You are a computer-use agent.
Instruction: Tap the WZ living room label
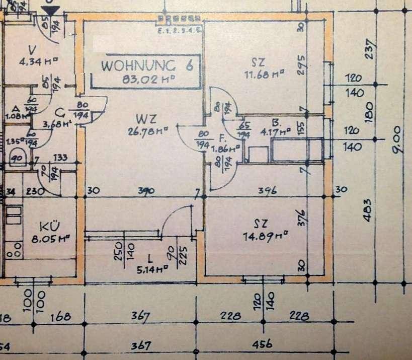coord(146,119)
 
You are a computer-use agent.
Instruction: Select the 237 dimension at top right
coord(373,49)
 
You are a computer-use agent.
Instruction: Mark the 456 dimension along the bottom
coord(262,344)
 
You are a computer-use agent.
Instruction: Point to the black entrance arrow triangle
coord(51,12)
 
